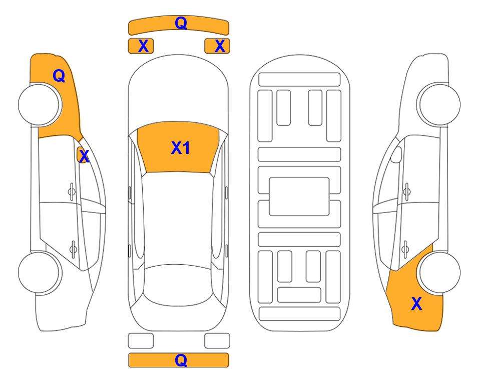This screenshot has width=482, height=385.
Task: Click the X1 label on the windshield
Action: tap(181, 148)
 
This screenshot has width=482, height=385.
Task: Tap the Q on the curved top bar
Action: tap(181, 23)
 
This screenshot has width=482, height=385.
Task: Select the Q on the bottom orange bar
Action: tap(181, 360)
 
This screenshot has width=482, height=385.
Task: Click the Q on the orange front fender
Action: tap(59, 76)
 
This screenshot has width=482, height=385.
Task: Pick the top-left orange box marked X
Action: tap(141, 46)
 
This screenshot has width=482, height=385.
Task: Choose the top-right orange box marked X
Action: tap(217, 46)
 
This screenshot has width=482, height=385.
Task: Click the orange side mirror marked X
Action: tap(83, 155)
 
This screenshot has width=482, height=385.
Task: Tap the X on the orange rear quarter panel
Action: tap(416, 304)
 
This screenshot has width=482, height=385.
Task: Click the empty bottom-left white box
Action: tap(141, 341)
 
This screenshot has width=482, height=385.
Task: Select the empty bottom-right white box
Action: tap(217, 341)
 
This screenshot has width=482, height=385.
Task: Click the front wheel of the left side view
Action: tap(39, 105)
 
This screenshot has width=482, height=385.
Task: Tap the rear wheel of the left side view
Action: tap(39, 272)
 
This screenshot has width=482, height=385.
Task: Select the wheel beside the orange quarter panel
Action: tap(440, 273)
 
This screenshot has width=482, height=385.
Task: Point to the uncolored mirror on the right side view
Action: tap(396, 154)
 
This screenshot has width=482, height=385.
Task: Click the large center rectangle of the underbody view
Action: tap(299, 197)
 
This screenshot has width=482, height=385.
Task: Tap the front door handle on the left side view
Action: tap(72, 191)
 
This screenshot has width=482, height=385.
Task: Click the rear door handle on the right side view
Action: tap(405, 249)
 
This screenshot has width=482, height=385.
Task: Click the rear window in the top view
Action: tap(178, 285)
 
